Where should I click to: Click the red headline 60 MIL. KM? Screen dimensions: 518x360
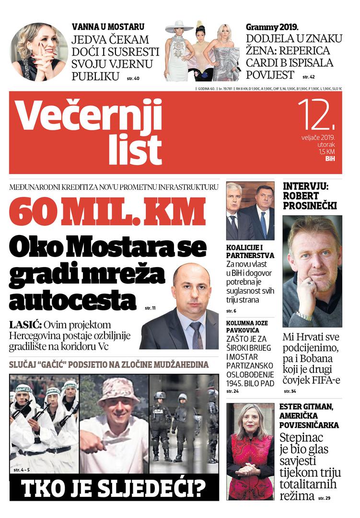coord(107,211)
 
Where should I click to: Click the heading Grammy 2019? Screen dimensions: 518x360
coord(275,27)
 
